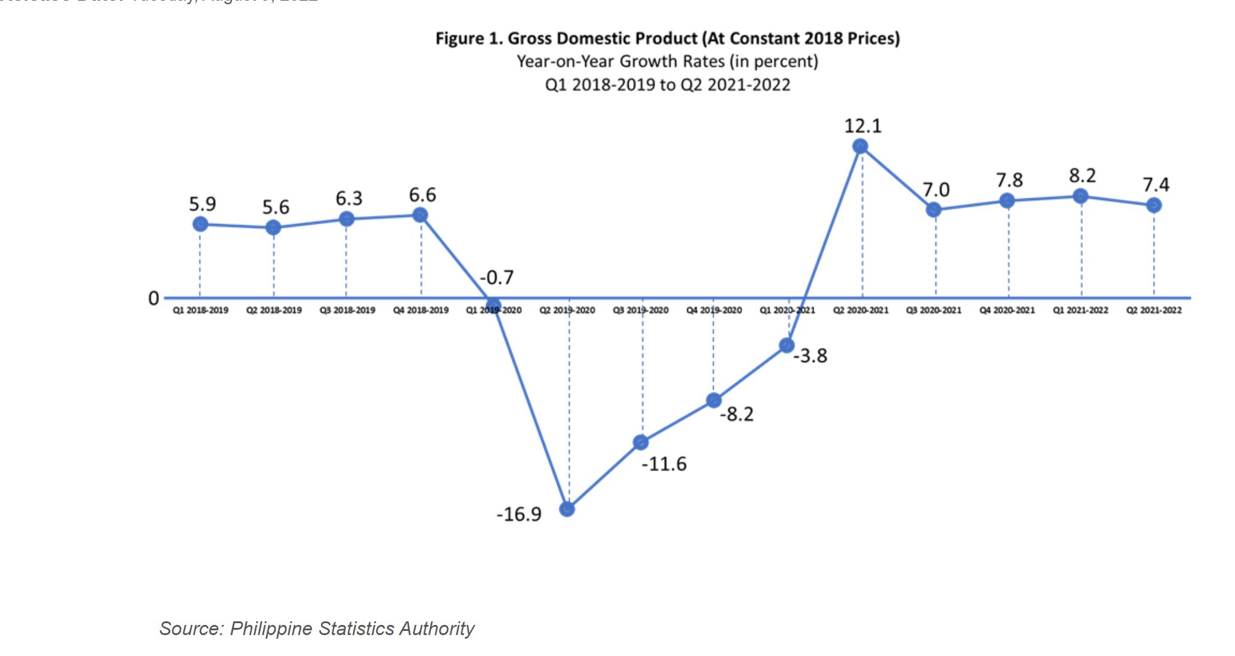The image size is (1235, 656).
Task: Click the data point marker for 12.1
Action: (860, 146)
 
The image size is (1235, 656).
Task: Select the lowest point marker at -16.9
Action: (567, 509)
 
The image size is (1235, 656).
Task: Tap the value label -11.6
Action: (664, 464)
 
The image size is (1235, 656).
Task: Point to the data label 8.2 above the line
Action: (1082, 176)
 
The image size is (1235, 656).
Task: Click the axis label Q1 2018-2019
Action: (201, 310)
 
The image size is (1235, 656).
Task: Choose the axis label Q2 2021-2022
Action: (1154, 310)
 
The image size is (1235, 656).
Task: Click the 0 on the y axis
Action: (154, 298)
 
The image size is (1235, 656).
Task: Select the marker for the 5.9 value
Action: (200, 224)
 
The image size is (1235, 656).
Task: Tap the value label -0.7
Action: (497, 277)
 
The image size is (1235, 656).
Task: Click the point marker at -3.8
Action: (787, 345)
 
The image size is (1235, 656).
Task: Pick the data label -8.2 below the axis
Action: (737, 414)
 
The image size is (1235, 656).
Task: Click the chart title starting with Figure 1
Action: (667, 39)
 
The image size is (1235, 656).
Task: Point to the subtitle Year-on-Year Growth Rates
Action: (667, 62)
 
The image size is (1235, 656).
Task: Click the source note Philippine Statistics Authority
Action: (317, 629)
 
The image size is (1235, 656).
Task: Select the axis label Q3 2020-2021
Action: (934, 310)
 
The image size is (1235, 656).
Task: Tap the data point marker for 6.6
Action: (420, 214)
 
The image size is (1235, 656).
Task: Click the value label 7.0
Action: (936, 189)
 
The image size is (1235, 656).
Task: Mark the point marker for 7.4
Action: (1154, 205)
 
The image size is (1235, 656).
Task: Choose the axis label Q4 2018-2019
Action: (421, 310)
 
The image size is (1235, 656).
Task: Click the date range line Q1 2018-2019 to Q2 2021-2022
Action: (667, 85)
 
